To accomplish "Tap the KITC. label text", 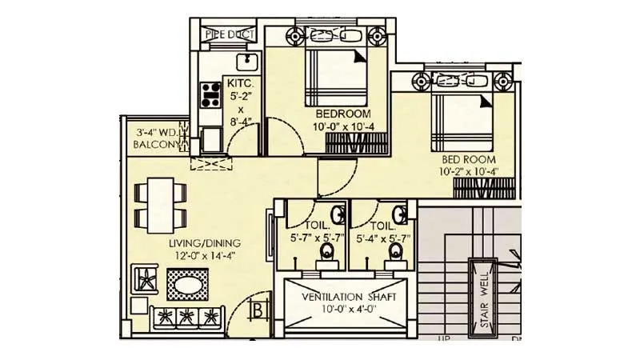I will click(240, 84).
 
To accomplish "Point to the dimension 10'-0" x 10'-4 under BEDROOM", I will click(342, 126).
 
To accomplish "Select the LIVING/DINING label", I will click(204, 243).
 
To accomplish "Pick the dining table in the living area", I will click(160, 204).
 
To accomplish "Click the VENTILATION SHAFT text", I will click(348, 297).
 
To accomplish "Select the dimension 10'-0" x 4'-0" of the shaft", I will click(348, 310).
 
